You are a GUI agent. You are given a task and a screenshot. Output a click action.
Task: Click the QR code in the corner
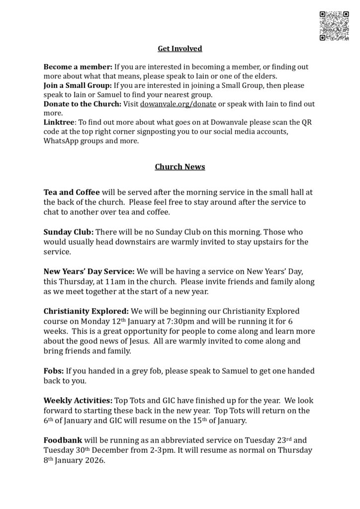point(334,25)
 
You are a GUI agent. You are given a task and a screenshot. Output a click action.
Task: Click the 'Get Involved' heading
point(180,48)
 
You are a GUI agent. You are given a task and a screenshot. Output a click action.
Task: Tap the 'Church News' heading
point(180,167)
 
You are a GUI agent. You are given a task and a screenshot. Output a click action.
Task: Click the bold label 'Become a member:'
point(78,67)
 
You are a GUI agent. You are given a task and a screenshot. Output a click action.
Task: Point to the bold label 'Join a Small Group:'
point(78,85)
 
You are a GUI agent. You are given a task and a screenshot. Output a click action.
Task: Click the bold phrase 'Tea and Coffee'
point(72,192)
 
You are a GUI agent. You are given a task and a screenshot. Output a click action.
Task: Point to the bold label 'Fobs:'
point(54,371)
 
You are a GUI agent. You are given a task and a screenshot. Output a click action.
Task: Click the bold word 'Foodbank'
point(62,440)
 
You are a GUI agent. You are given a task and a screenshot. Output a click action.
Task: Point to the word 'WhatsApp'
point(62,141)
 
